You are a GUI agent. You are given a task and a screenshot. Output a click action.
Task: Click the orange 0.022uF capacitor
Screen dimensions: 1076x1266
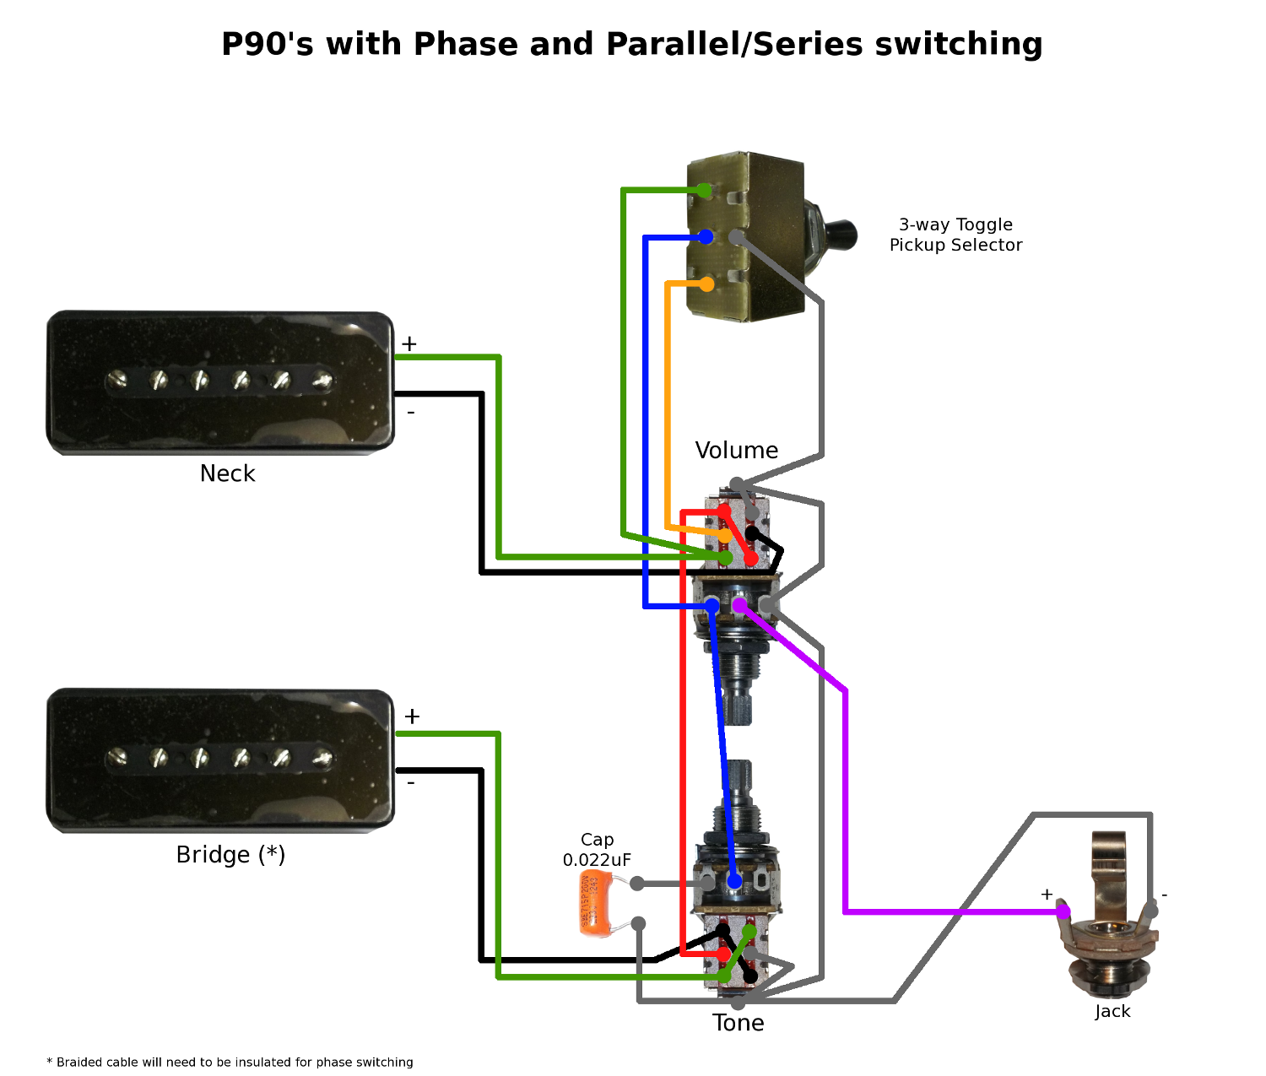tap(594, 904)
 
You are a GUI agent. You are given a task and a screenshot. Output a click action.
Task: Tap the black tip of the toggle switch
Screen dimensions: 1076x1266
tap(841, 234)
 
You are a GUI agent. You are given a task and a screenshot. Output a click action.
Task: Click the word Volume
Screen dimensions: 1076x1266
tap(736, 451)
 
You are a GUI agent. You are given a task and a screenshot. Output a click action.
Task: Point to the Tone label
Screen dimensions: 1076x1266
tap(738, 1023)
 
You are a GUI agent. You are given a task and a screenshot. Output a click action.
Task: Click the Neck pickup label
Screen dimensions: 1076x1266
tap(227, 473)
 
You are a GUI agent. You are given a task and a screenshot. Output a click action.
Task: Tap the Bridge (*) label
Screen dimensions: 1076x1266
tap(230, 855)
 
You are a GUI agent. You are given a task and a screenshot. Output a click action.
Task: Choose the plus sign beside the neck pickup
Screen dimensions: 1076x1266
tap(409, 344)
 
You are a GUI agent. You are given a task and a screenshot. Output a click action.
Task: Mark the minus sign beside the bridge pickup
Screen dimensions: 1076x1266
tap(411, 783)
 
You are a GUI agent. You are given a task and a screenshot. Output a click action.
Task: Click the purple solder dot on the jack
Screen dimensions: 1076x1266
tap(1063, 911)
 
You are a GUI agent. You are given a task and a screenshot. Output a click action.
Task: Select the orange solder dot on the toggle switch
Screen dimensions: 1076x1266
tap(706, 284)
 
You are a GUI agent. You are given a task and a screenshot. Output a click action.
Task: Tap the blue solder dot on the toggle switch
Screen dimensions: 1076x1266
tap(706, 237)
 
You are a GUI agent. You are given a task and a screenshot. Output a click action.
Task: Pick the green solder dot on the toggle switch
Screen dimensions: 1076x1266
tap(705, 191)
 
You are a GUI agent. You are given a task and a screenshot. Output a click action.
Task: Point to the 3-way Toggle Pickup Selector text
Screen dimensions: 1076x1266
tap(955, 235)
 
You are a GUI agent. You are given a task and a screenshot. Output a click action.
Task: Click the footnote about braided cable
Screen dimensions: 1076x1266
tap(230, 1062)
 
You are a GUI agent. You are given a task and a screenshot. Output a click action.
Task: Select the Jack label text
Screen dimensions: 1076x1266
tap(1112, 1011)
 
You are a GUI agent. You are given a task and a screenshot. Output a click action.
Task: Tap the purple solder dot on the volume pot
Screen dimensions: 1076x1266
tap(739, 605)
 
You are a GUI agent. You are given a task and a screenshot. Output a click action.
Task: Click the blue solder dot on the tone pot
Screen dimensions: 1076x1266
tap(734, 881)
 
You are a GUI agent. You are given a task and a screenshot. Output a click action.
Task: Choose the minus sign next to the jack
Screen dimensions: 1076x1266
tap(1165, 895)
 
